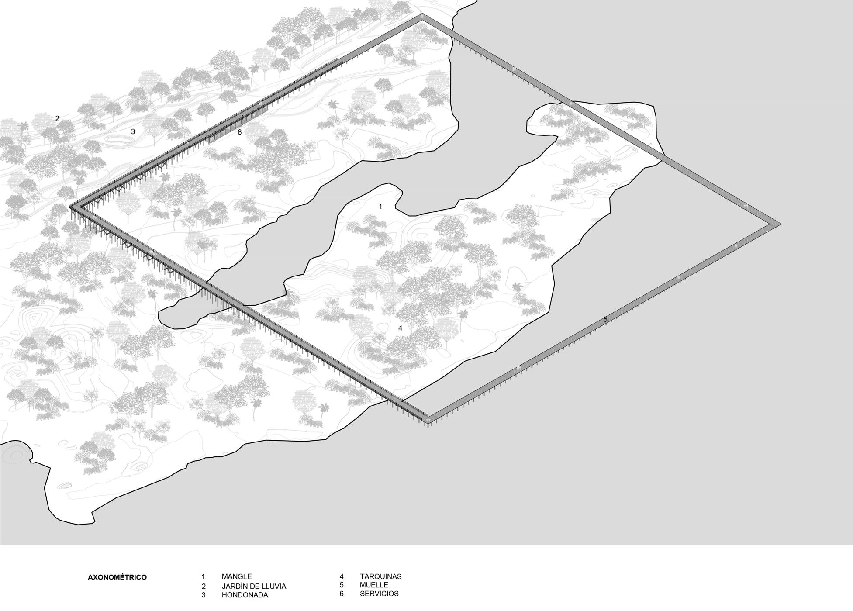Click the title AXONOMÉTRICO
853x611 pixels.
coord(117,577)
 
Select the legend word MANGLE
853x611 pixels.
coord(236,576)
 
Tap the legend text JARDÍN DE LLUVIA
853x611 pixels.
coord(254,586)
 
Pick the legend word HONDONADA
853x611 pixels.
coord(245,595)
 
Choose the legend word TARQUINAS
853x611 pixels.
coord(380,576)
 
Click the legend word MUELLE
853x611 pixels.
coord(374,585)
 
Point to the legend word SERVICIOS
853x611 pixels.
coord(379,594)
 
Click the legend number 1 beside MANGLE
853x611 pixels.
coord(203,576)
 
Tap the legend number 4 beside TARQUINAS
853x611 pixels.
coord(342,576)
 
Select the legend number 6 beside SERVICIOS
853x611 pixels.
coord(342,594)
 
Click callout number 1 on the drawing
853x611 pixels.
coord(380,206)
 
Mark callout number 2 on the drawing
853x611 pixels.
coord(57,118)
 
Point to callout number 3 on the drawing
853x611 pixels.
coord(133,131)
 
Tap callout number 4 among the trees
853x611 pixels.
coord(400,328)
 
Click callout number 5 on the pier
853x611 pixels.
coord(605,320)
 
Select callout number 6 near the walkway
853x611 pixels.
coord(240,132)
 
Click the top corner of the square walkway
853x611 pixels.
coord(422,16)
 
